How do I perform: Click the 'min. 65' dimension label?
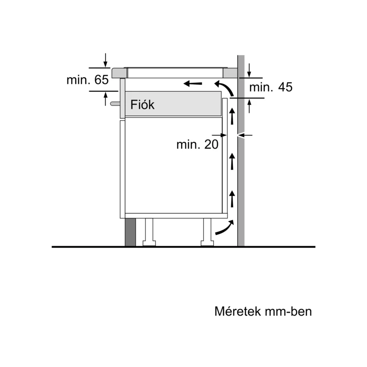88,80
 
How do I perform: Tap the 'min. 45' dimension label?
271,87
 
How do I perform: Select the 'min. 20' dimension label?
197,145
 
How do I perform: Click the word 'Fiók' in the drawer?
142,105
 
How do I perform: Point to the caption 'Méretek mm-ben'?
263,311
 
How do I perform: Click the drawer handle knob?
115,104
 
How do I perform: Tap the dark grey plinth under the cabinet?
130,233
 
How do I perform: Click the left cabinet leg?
149,232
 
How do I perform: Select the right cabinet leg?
207,232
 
